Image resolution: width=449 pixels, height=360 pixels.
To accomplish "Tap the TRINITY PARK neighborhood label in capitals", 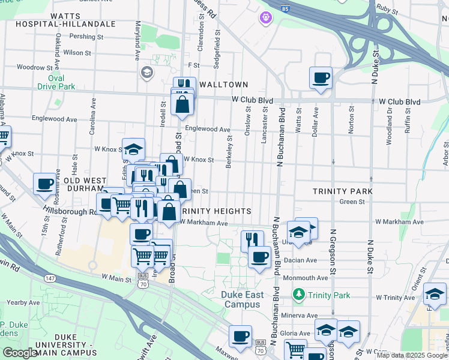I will [x=343, y=191].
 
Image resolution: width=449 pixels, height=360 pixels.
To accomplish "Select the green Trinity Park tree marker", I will [x=298, y=295].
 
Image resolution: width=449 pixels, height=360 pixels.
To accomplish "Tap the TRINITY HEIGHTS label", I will [x=215, y=211].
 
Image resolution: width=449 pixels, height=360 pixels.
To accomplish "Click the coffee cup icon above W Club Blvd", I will [x=321, y=77].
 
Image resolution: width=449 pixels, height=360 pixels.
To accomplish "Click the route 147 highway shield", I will [x=50, y=278].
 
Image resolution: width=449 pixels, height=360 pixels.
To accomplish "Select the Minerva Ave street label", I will [x=304, y=315].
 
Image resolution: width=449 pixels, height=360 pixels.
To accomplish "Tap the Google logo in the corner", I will [x=20, y=353].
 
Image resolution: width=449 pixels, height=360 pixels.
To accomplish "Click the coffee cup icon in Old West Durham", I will [x=44, y=184].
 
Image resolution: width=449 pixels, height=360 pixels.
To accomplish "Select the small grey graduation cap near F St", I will [x=146, y=73].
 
